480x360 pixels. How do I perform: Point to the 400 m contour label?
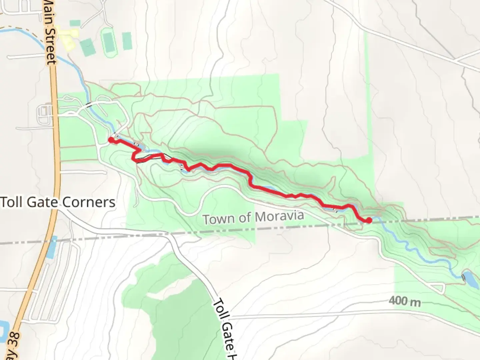pos(404,302)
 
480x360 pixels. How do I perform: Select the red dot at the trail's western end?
pos(111,140)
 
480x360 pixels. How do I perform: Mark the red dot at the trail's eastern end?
pos(369,220)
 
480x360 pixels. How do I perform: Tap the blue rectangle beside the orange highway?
pos(52,247)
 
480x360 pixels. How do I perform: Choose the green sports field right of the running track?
pos(127,41)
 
